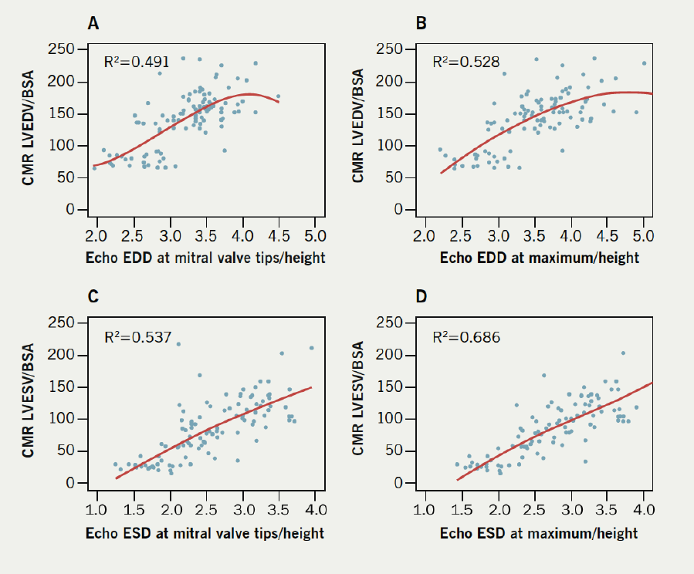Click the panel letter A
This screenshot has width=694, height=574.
(93, 24)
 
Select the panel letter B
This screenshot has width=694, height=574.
(421, 24)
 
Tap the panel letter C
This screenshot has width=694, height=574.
(93, 298)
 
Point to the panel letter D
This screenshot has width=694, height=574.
(422, 298)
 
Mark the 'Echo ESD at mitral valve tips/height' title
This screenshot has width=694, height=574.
(206, 532)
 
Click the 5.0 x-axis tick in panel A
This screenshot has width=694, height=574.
(315, 235)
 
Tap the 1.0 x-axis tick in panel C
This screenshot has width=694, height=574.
(96, 509)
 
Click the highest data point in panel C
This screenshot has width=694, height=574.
(178, 344)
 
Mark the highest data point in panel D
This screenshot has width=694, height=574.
(623, 353)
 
